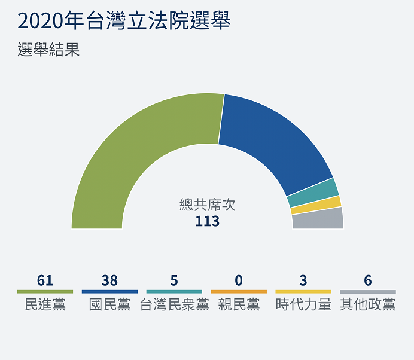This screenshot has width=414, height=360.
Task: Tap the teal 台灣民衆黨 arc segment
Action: point(312,192)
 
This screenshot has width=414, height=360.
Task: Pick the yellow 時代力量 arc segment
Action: point(315,205)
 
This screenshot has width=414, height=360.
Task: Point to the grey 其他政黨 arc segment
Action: point(317,219)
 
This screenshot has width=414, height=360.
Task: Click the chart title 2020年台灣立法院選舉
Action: point(124,21)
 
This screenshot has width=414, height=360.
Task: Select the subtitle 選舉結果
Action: point(48,50)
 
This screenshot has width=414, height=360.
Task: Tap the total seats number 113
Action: point(207,221)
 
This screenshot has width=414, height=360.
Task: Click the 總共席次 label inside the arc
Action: point(207,205)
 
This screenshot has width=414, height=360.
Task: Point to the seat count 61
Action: point(45,280)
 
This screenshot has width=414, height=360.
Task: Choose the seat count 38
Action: point(109,280)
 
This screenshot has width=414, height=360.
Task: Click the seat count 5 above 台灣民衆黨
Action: point(174,280)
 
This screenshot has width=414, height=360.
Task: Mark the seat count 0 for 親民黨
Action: point(239,280)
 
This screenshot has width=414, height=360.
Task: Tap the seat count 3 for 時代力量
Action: point(303,280)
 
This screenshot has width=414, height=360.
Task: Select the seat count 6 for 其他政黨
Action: point(368,280)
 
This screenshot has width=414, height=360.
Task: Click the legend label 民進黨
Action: point(45,304)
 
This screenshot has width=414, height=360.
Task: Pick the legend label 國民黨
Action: point(109,304)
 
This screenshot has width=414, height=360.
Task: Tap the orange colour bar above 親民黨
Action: point(239,292)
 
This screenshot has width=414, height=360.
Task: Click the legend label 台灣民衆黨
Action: point(174,304)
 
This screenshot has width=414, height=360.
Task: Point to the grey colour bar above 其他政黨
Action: point(368,292)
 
